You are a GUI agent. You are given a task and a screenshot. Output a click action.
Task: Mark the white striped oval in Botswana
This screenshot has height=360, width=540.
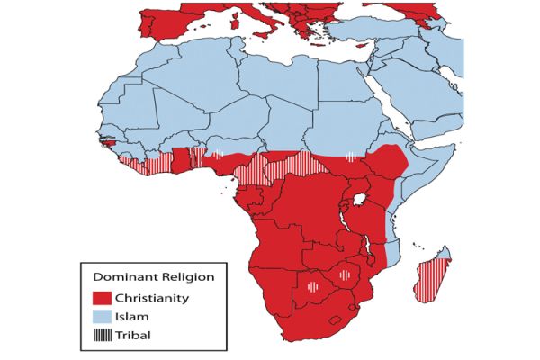click(311, 287)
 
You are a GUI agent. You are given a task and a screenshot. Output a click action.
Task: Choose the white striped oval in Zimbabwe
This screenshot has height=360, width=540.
click(344, 274)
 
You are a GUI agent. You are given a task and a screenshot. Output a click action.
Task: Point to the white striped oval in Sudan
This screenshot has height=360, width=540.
click(349, 155)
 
